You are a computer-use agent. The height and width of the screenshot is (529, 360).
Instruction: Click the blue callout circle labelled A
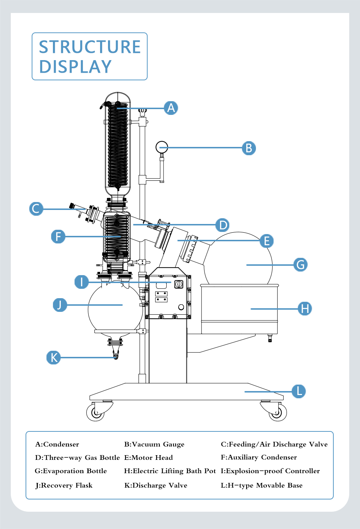(171, 108)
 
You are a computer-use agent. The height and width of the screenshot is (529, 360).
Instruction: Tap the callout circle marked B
(249, 148)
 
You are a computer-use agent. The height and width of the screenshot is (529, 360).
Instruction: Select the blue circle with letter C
(36, 209)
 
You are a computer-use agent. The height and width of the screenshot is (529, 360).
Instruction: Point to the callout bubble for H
(305, 309)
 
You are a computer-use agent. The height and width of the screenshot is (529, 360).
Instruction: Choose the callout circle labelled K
(54, 358)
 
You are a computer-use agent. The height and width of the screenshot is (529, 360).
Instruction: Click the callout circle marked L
(299, 391)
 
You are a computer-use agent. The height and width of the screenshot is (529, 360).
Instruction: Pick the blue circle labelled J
(60, 305)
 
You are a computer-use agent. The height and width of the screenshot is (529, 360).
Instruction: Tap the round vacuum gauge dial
(162, 147)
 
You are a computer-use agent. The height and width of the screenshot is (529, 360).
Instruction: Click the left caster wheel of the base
(96, 413)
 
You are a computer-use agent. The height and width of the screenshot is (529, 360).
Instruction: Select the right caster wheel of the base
(277, 413)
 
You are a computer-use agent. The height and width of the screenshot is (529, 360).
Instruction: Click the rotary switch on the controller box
(179, 284)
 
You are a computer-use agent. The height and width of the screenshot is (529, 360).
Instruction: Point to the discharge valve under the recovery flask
(116, 356)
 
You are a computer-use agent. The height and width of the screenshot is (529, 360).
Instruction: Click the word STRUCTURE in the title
(90, 47)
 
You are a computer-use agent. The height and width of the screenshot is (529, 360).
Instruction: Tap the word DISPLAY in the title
(75, 67)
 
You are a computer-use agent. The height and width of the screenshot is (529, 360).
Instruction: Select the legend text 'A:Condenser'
(57, 444)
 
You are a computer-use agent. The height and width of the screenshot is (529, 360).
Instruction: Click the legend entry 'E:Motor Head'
(148, 458)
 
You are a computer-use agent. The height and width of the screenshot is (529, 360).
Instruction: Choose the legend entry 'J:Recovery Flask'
(64, 485)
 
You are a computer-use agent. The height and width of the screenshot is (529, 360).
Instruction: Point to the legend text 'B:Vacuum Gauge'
(154, 444)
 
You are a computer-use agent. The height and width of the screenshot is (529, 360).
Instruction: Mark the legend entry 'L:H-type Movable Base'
(262, 485)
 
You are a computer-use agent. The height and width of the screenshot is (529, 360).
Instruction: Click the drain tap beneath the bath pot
(270, 339)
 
